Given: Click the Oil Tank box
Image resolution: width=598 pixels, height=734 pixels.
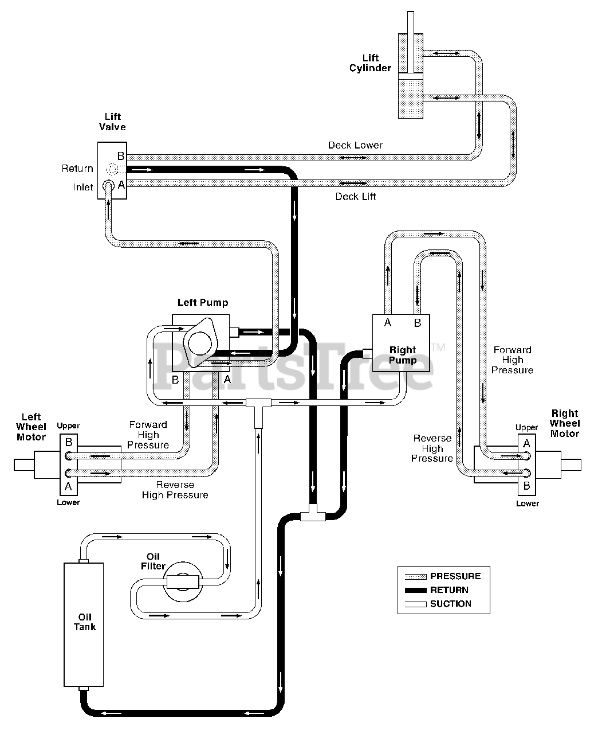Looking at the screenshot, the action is pyautogui.click(x=84, y=624).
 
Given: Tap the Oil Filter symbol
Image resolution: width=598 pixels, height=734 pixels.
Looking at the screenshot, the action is pyautogui.click(x=183, y=581).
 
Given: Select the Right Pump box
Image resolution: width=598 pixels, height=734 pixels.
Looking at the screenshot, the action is pyautogui.click(x=401, y=343).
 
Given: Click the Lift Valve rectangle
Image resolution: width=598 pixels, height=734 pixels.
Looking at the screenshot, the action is pyautogui.click(x=112, y=170).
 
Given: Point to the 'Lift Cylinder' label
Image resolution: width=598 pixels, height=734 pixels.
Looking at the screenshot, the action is pyautogui.click(x=370, y=63).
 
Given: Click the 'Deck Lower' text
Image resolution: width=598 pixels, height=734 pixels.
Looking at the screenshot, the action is pyautogui.click(x=355, y=145).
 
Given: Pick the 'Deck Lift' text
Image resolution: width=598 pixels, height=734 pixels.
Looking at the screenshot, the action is pyautogui.click(x=355, y=197).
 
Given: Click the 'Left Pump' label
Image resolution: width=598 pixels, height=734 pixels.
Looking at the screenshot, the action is pyautogui.click(x=203, y=303).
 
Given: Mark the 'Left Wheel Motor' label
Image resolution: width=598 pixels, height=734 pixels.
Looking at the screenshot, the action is pyautogui.click(x=31, y=427).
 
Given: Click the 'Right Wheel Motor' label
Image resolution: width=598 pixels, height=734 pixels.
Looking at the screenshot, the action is pyautogui.click(x=565, y=423).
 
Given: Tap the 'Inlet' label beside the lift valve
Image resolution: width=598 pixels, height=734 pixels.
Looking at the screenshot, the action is pyautogui.click(x=83, y=188).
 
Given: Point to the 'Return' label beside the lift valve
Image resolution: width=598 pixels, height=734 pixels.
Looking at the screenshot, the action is pyautogui.click(x=77, y=169).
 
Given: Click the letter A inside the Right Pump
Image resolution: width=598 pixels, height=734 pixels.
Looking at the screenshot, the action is pyautogui.click(x=388, y=323).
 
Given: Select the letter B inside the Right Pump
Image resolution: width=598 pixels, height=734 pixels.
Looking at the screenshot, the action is pyautogui.click(x=418, y=323).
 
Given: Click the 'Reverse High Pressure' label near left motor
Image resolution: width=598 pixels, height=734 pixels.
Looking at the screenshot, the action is pyautogui.click(x=175, y=490).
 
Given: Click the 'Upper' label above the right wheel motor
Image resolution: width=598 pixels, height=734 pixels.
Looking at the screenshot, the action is pyautogui.click(x=526, y=427).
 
